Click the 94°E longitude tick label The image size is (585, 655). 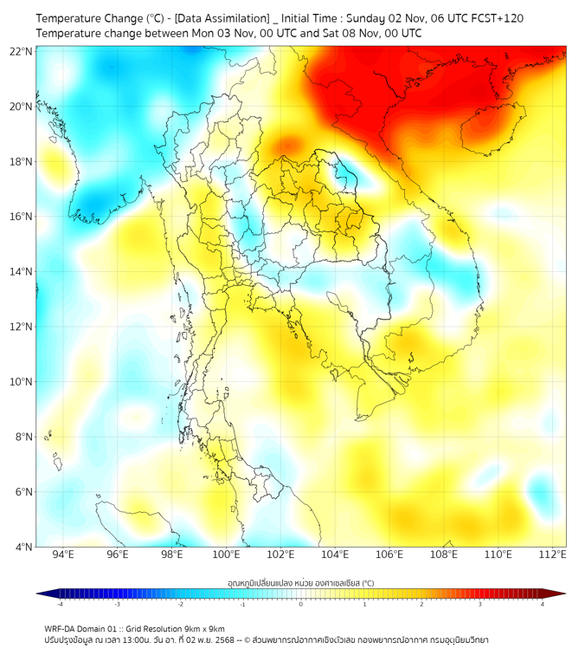63,554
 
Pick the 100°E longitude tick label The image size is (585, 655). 227,554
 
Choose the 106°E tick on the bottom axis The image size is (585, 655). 389,554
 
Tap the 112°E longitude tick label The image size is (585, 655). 552,554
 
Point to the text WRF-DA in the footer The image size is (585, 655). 61,628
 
